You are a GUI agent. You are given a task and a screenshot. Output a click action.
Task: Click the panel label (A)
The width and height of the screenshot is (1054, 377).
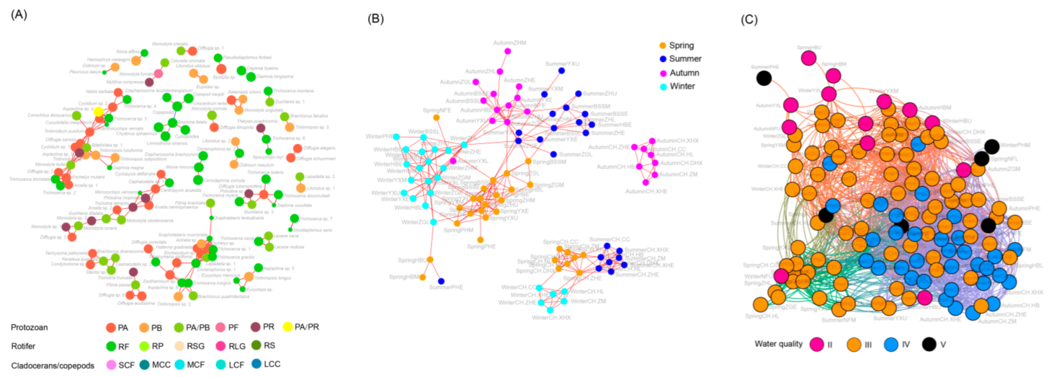pyautogui.click(x=19, y=14)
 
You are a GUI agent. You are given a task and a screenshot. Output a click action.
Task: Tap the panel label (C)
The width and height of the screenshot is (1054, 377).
pyautogui.click(x=749, y=19)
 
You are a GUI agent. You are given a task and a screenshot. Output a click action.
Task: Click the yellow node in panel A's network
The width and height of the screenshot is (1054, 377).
pyautogui.click(x=99, y=112)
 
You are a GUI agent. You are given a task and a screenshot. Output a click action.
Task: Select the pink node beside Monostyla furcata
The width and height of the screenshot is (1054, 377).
pyautogui.click(x=158, y=74)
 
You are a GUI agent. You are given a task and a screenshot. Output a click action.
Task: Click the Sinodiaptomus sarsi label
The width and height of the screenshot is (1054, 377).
pyautogui.click(x=312, y=230)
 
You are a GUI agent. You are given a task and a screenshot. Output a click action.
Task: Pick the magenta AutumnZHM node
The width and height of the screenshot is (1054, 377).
pyautogui.click(x=508, y=51)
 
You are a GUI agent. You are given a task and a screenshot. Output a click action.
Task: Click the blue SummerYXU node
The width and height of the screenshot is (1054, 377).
pyautogui.click(x=561, y=71)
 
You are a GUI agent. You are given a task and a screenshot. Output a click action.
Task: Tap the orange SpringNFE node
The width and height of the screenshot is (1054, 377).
pyautogui.click(x=436, y=117)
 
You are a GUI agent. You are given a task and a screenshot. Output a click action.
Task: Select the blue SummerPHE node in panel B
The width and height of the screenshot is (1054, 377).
pyautogui.click(x=441, y=282)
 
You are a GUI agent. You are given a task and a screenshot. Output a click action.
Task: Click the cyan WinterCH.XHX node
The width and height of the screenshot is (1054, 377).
pyautogui.click(x=550, y=310)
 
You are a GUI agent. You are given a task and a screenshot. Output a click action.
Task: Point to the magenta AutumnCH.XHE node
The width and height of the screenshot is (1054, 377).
pyautogui.click(x=645, y=182)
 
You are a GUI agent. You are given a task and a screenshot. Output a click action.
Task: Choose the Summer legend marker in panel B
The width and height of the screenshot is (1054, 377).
pyautogui.click(x=663, y=59)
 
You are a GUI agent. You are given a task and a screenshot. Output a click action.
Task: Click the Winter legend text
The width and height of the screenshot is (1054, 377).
pyautogui.click(x=682, y=86)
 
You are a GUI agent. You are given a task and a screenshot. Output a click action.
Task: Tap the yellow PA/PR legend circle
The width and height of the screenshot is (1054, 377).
pyautogui.click(x=288, y=327)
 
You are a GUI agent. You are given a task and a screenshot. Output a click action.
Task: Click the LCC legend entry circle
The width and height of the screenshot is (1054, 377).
pyautogui.click(x=256, y=364)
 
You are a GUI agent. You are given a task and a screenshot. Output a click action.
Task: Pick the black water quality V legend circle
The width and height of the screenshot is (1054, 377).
pyautogui.click(x=929, y=344)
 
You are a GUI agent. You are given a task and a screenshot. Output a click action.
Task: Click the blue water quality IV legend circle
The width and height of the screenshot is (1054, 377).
pyautogui.click(x=891, y=344)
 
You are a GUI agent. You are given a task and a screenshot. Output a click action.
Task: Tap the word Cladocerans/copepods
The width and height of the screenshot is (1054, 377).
pyautogui.click(x=53, y=366)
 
